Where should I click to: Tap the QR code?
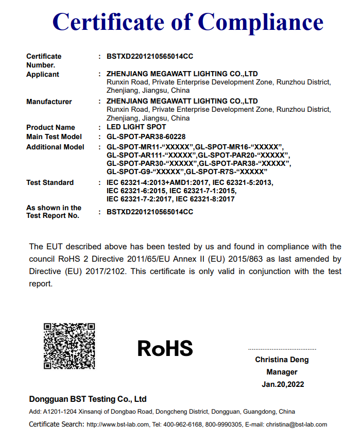70,346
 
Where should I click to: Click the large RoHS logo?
165,349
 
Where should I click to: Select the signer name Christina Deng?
282,360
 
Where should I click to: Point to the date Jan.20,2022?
282,384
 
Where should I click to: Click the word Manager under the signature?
282,372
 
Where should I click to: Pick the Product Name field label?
50,127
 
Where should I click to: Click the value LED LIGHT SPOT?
136,127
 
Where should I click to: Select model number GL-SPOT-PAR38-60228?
146,137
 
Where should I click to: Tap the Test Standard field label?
50,182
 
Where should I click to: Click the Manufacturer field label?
49,101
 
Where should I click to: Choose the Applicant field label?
43,74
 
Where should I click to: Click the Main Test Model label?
54,137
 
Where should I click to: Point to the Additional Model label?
55,147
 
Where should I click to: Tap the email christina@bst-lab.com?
296,424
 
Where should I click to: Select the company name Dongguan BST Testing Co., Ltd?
88,399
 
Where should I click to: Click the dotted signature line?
282,349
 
